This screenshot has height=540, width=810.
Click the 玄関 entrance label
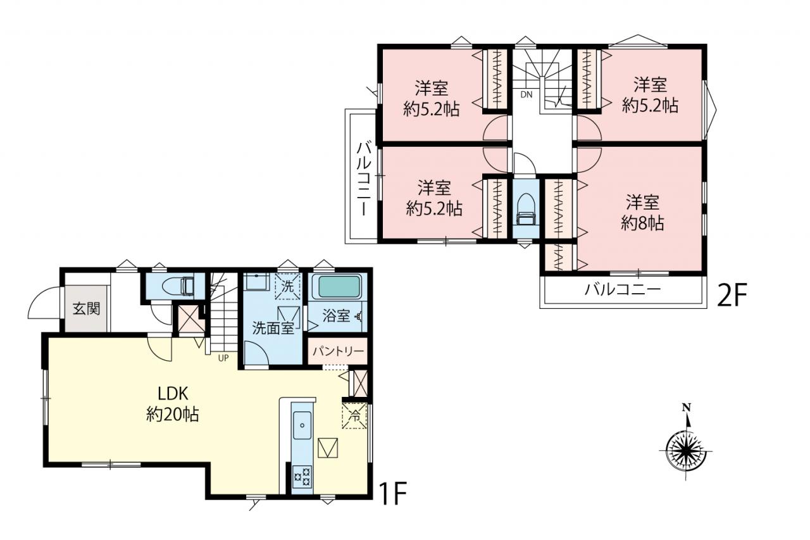[x=86, y=309]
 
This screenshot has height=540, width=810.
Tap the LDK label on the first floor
[x=173, y=394]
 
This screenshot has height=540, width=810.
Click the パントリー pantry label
[x=338, y=351]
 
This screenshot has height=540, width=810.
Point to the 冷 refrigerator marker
[x=354, y=416]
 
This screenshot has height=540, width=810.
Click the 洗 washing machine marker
[x=287, y=286]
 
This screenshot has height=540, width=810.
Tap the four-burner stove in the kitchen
[x=302, y=476]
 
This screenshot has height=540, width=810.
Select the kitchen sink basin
[x=302, y=425]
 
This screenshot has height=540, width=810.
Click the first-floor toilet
[x=178, y=286]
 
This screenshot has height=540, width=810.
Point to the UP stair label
[x=223, y=358]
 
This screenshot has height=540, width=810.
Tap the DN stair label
[x=526, y=95]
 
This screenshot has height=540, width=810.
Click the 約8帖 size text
[x=642, y=223]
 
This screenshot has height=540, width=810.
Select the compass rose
[x=685, y=452]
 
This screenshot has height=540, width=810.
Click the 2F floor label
[x=732, y=294]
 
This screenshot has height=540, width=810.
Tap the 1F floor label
[x=393, y=493]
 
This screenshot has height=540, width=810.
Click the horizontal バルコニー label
[x=623, y=289]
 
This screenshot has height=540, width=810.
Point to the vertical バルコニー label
[x=364, y=179]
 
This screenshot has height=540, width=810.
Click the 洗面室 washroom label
[x=273, y=328]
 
